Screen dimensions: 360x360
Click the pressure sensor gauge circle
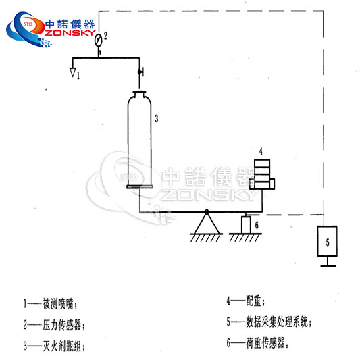(x=98, y=38)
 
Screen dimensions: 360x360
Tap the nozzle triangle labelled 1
(x=72, y=67)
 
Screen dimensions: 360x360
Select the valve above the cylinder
(x=140, y=72)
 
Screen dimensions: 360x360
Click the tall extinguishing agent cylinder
(x=140, y=142)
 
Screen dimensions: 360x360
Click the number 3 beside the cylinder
(x=156, y=118)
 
